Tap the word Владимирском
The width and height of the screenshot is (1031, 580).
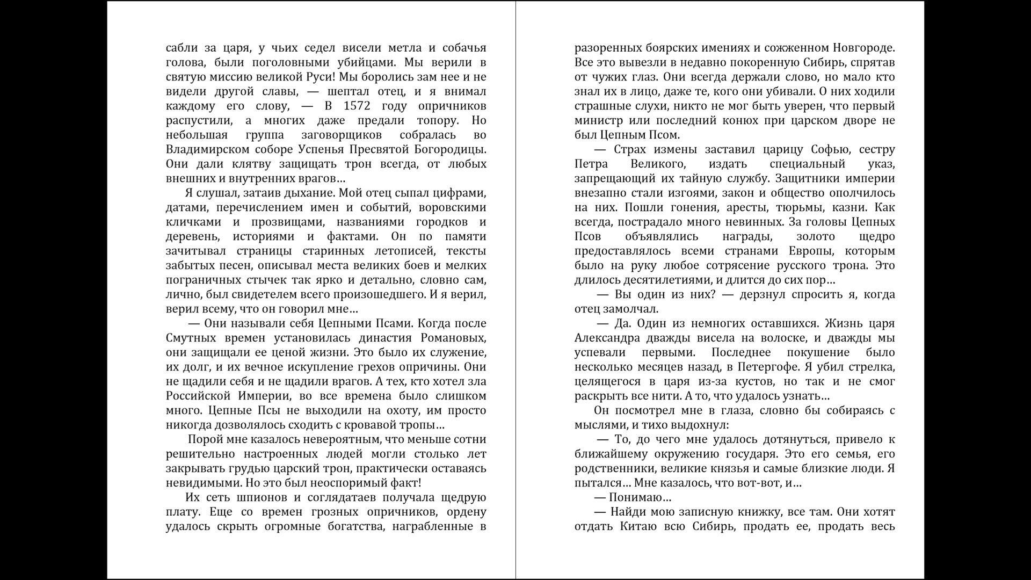pos(207,149)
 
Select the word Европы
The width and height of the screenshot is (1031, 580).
pos(809,251)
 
